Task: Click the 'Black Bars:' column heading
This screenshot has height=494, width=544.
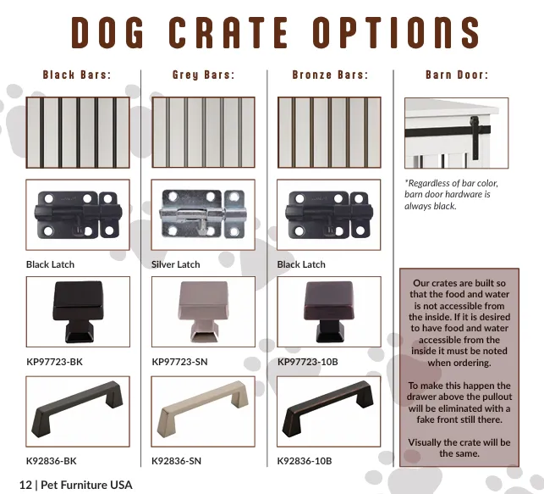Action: click(77, 75)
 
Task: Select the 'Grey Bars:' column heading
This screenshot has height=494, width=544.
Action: click(203, 75)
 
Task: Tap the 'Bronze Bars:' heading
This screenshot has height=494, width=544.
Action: click(330, 75)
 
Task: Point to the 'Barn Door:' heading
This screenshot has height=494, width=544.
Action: click(457, 75)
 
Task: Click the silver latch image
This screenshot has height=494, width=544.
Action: click(203, 214)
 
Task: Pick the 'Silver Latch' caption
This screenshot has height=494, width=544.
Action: click(175, 264)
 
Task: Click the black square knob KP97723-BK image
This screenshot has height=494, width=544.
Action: click(78, 312)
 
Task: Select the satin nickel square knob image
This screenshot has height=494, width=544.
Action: click(203, 312)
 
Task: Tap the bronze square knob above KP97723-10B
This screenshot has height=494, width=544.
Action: click(329, 312)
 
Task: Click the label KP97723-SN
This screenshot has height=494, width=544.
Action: click(179, 362)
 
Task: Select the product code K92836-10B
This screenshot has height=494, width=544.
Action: click(305, 461)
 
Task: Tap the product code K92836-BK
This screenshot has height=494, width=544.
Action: click(52, 461)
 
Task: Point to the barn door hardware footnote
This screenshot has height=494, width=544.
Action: click(451, 195)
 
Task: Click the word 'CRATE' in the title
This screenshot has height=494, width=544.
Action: click(228, 32)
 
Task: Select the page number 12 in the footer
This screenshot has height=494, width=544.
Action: click(25, 485)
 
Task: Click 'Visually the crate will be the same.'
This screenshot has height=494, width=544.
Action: click(459, 447)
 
